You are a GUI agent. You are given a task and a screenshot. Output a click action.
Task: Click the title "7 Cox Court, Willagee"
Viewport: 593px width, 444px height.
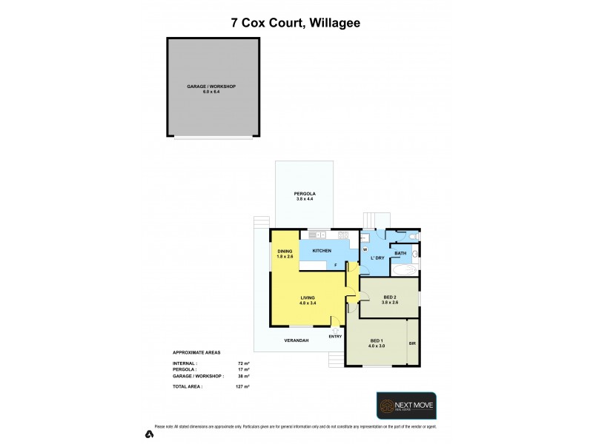(x=296, y=23)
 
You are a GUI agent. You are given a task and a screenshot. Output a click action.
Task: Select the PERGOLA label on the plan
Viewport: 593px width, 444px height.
(x=304, y=194)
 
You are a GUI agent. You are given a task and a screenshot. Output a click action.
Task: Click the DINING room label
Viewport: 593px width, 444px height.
(x=285, y=251)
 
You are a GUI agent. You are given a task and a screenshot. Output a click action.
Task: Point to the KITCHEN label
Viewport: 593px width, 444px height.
(x=321, y=251)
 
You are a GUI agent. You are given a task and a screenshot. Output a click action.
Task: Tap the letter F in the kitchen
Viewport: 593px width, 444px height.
(x=335, y=264)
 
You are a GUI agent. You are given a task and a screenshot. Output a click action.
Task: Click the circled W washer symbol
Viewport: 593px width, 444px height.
(x=365, y=249)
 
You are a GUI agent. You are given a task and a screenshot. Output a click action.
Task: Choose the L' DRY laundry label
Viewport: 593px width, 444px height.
(x=377, y=258)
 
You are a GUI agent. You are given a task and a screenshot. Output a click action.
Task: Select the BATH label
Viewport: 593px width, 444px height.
(x=400, y=254)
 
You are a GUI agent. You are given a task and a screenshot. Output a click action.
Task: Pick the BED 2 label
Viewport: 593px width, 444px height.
(x=390, y=297)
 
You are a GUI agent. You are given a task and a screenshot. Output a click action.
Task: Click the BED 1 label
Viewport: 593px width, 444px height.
(x=377, y=340)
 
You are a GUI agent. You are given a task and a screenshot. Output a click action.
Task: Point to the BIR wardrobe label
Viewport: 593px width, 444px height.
(x=413, y=344)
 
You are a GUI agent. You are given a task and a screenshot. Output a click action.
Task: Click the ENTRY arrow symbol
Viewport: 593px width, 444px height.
(x=336, y=330)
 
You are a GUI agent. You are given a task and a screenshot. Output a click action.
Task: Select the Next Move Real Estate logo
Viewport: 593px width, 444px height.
(x=405, y=406)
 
